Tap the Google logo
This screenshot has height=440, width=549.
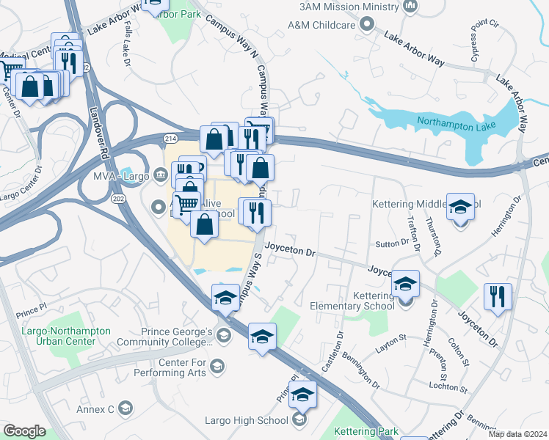pos(24,431)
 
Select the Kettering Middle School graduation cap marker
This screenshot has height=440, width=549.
pos(461,210)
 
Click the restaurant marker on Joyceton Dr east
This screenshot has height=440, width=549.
pos(498,296)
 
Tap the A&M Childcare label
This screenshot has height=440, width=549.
pos(323,25)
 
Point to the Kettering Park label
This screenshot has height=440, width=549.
pos(365,433)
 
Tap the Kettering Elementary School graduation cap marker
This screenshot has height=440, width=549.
pos(405,283)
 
